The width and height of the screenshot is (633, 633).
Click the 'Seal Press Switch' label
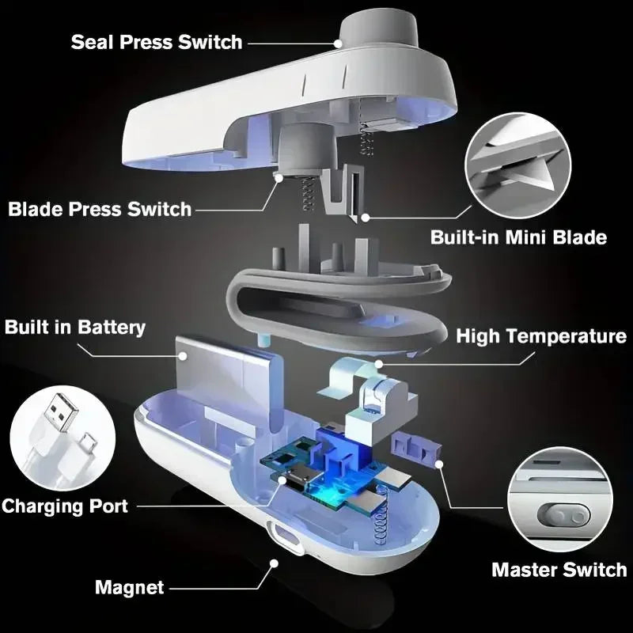[157, 42]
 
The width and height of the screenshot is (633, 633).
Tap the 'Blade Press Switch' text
[100, 210]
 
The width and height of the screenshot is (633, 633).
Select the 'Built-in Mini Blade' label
[518, 237]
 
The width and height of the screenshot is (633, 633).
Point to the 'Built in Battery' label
[76, 328]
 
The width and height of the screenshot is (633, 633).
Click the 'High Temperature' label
[541, 336]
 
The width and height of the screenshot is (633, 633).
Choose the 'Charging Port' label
[65, 506]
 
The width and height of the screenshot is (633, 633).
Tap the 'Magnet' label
[129, 588]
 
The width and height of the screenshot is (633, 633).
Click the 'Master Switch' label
[559, 569]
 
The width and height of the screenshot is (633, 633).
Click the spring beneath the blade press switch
[308, 195]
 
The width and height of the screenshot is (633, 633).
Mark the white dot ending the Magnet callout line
[274, 563]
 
